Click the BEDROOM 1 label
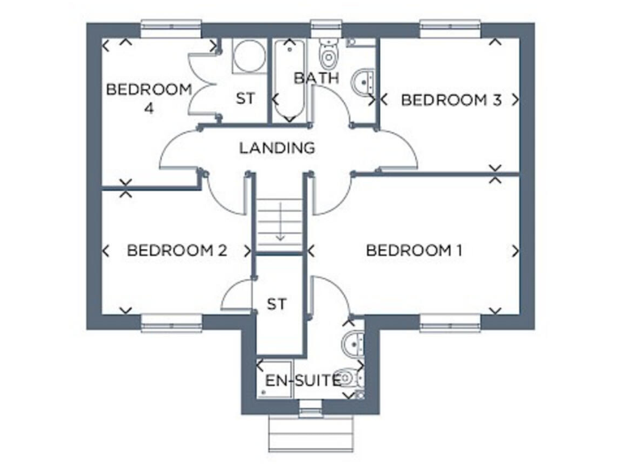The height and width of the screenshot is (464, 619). [x=413, y=251]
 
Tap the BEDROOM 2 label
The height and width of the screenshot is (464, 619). [x=177, y=251]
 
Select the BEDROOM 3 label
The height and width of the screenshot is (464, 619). [x=451, y=100]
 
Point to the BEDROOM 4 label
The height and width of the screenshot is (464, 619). [x=149, y=97]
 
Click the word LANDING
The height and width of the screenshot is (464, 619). [x=276, y=148]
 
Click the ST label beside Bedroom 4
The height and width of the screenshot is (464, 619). [x=245, y=99]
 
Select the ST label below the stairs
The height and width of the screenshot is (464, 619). [x=276, y=304]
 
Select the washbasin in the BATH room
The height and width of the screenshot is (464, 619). [x=365, y=81]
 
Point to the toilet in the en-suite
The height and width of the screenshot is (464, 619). [x=348, y=377]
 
